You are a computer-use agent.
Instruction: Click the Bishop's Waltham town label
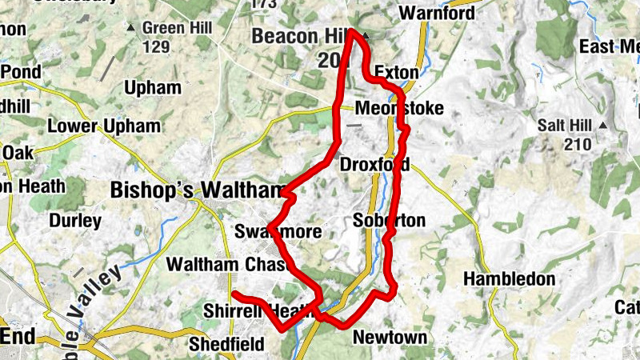198,190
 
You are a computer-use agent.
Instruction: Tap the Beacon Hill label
298,36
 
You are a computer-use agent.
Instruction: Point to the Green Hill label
177,28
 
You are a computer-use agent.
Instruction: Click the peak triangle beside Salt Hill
603,126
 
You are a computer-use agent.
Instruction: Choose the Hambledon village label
509,279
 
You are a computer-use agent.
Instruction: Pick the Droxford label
374,165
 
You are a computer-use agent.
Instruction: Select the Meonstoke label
399,109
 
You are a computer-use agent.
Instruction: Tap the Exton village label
396,73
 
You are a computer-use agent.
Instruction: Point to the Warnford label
437,14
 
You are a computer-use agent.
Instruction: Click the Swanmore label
278,233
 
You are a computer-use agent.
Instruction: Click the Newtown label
390,337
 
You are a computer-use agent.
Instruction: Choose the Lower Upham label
104,126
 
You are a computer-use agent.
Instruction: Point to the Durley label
75,220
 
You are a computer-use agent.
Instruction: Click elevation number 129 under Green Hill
156,47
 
